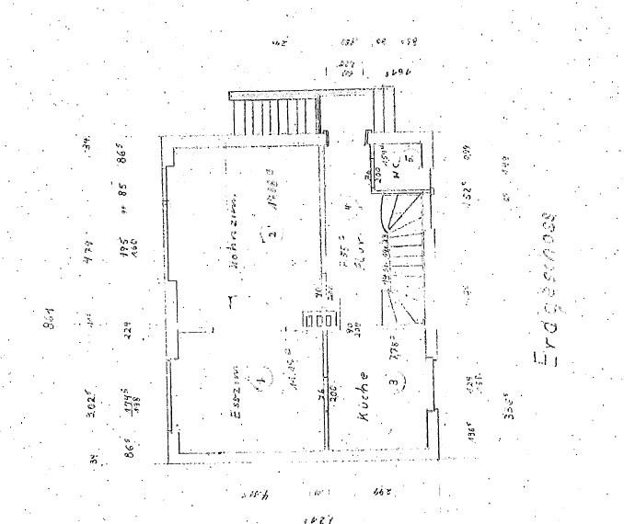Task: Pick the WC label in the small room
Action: coord(395,168)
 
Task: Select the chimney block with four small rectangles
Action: coord(321,321)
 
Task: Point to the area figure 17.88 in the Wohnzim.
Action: coord(273,199)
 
